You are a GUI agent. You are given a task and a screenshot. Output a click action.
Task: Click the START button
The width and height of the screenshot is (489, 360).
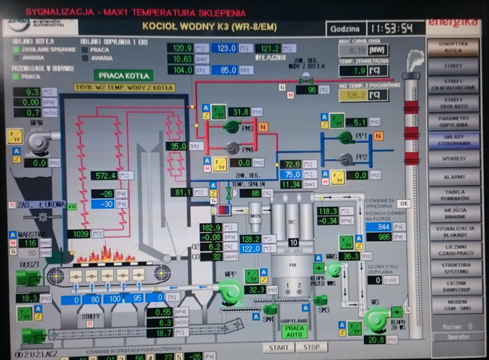coord(277,347)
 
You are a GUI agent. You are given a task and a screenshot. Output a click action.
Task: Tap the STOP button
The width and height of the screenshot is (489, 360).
coord(311,347)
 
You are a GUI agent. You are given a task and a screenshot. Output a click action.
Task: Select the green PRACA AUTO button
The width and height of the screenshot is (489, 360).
coord(294,331)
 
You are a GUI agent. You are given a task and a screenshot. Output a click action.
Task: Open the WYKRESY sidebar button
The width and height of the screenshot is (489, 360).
coord(454,159)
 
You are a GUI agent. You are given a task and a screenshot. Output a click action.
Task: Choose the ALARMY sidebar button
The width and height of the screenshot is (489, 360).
coord(454,178)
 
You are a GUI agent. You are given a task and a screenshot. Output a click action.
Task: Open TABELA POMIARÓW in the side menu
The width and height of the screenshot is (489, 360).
coord(454,196)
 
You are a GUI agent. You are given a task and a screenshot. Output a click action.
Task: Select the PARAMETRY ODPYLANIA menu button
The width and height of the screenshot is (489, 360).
coord(454,120)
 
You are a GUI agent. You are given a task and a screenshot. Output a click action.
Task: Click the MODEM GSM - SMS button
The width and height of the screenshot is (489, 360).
coord(454,305)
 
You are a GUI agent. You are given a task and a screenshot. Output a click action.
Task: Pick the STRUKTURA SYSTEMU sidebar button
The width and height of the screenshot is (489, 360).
coord(454,269)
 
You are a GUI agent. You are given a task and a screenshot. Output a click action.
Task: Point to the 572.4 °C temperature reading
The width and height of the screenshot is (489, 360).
coord(105,175)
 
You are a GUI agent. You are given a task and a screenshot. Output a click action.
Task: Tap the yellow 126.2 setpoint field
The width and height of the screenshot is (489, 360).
coord(356,95)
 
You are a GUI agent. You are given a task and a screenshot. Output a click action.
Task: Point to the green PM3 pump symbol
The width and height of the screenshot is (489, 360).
coord(230,127)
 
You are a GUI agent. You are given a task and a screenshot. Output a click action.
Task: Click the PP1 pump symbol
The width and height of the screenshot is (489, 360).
coord(344,137)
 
